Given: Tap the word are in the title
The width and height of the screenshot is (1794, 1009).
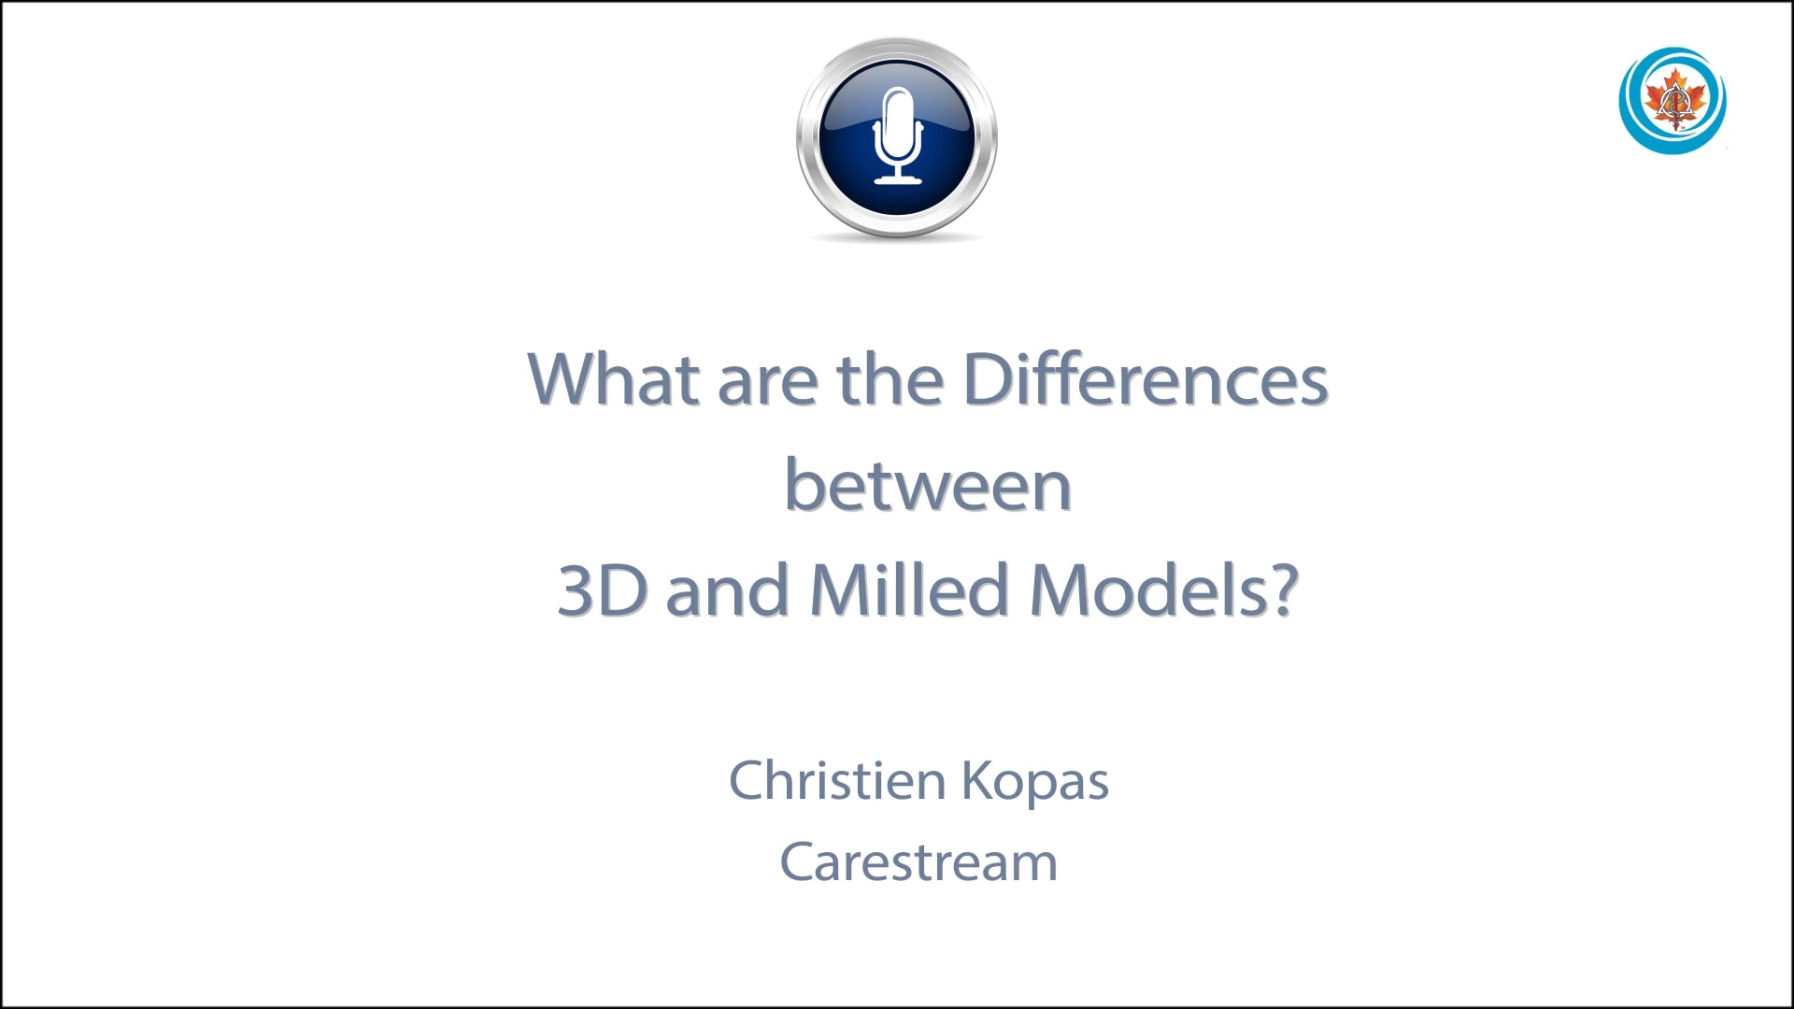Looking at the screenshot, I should [765, 383].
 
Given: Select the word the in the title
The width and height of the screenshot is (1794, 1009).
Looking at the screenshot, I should [890, 380].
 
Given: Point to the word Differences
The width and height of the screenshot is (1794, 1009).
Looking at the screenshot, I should [1145, 380].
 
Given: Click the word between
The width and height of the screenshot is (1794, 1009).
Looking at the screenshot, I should [927, 486].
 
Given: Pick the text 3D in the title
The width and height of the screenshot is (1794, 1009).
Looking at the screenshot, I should [601, 591].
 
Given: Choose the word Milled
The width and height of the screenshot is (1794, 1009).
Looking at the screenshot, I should [908, 591].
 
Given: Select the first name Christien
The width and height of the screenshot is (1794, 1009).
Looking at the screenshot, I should [837, 781].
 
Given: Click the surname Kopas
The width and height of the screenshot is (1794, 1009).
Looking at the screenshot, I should [1034, 783].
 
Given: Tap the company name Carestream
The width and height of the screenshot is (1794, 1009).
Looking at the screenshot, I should [918, 862].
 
